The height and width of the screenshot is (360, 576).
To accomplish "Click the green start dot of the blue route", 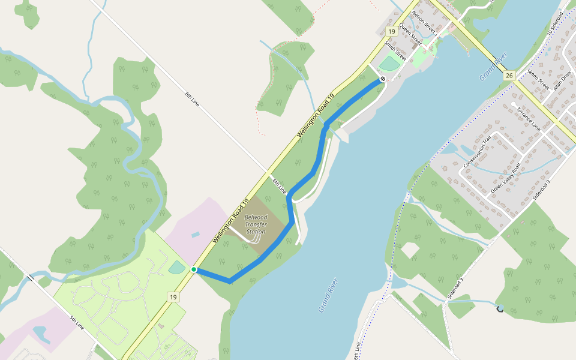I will pos(194,270).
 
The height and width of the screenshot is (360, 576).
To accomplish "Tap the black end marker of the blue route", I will pos(383,79).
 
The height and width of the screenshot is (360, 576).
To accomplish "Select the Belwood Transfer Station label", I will pos(256,224).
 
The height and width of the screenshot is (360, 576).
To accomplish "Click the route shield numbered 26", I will pos(509,75).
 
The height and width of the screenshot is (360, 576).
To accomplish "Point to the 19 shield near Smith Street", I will pos(391,31).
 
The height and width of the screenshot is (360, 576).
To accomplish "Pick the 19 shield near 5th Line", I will pos(173,296).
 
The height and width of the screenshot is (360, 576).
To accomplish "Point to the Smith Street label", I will pos(396,50).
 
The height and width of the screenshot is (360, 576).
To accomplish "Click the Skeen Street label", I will pos(538,79).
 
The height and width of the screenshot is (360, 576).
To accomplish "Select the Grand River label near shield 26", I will pos(494,67).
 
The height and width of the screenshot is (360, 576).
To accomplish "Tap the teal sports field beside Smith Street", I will pos(390,62).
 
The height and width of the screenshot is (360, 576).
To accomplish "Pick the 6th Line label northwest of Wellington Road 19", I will pos(191,100).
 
